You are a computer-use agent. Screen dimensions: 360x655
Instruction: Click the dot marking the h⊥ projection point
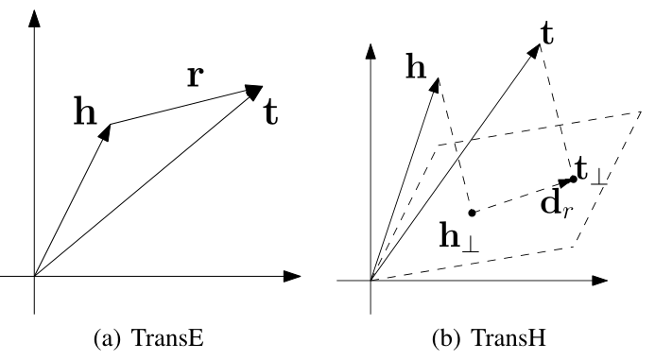click(x=472, y=213)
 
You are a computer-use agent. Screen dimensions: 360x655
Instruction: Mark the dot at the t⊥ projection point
click(x=573, y=180)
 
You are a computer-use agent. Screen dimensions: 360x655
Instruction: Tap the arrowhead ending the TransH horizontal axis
click(x=596, y=281)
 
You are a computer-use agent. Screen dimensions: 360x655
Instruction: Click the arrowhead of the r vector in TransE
click(x=254, y=90)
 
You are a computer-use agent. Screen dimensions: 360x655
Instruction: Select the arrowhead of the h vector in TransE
click(x=106, y=130)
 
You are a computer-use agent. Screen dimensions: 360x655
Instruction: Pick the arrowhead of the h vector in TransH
click(x=436, y=83)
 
